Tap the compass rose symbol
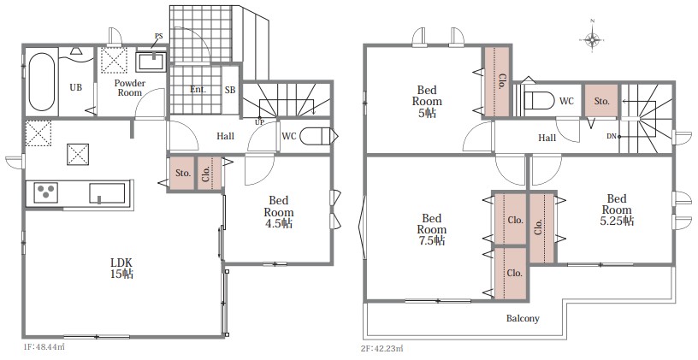pos(593,39)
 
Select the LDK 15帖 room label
pos(122,268)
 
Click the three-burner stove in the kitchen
pos(45,192)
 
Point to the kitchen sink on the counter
pos(107,192)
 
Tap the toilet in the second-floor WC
pos(539,101)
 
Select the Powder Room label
pos(129,88)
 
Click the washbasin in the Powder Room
pos(151,62)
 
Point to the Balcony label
pos(523,318)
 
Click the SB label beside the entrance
pos(230,90)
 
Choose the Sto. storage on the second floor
pos(601,101)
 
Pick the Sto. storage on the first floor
pos(182,173)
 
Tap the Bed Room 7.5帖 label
pos(431,230)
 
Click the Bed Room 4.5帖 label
pos(279,212)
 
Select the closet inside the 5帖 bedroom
pos(497,81)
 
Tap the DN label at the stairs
pos(612,137)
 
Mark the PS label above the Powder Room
pos(158,36)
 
